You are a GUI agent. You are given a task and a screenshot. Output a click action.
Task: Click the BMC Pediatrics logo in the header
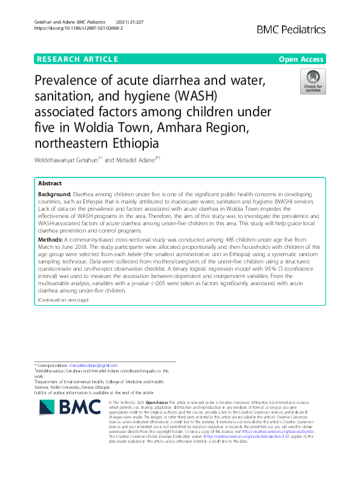click(x=291, y=29)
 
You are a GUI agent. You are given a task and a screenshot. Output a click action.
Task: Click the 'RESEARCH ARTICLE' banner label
click(x=77, y=59)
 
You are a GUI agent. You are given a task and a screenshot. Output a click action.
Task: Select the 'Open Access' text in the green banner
click(x=302, y=59)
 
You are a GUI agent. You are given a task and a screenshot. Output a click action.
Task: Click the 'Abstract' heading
click(x=50, y=183)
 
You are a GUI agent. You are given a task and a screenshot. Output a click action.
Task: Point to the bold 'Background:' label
click(x=55, y=193)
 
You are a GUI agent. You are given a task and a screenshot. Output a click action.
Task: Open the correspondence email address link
click(x=93, y=366)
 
